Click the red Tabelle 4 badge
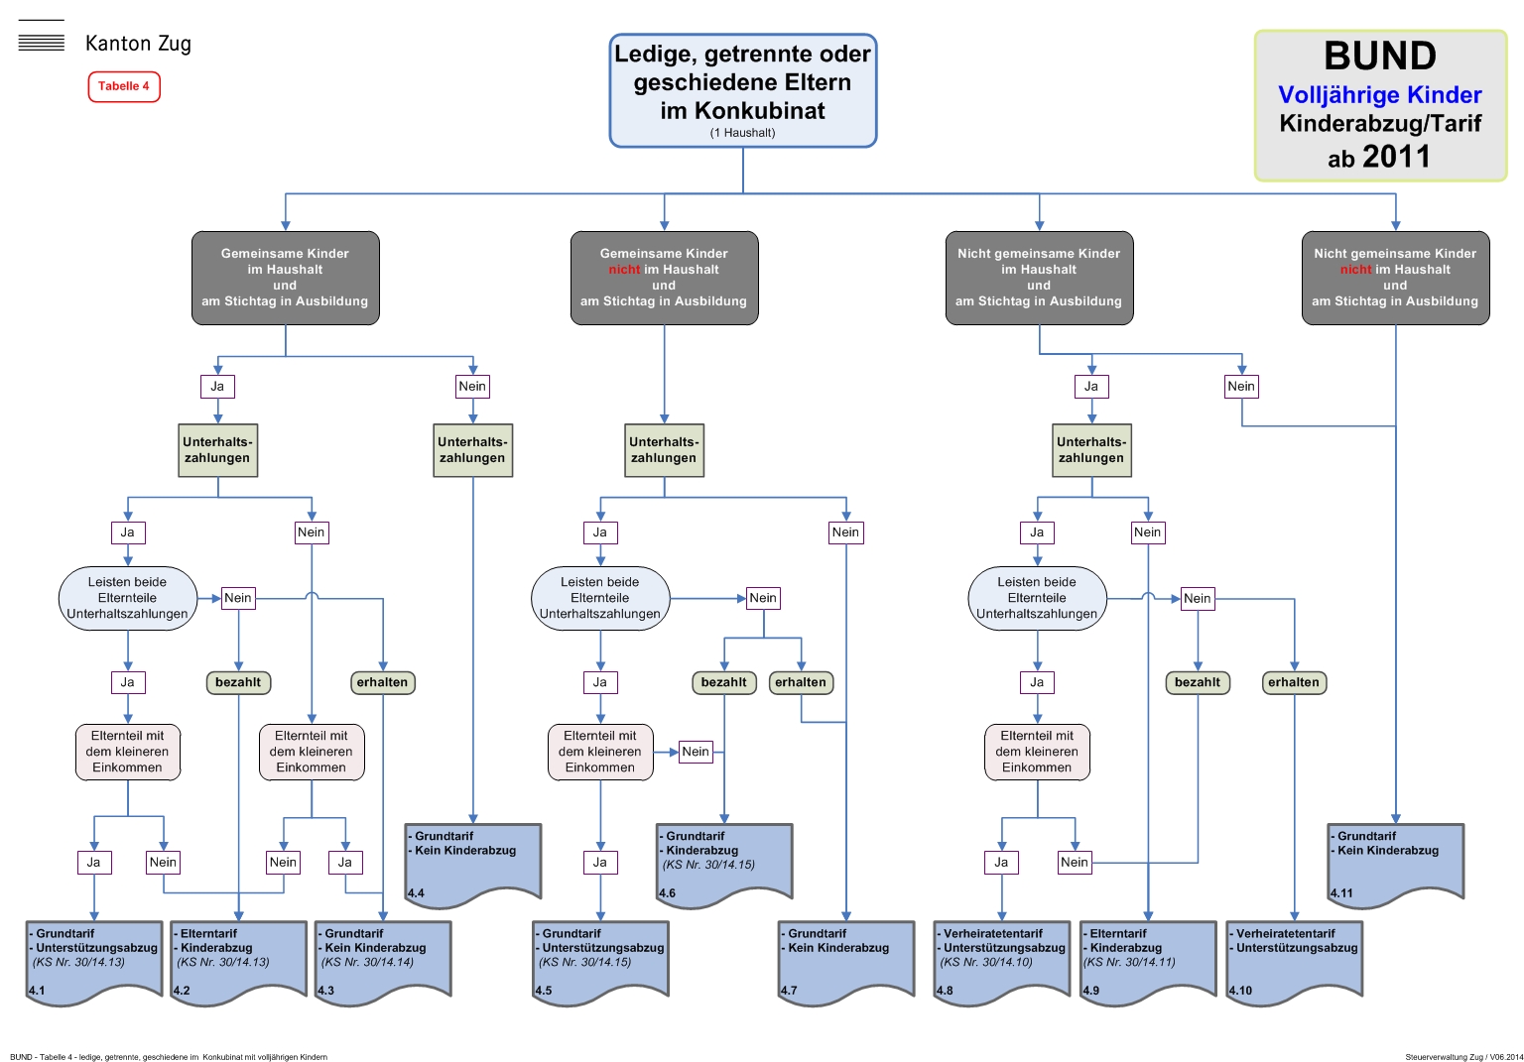124,86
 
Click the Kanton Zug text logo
138,44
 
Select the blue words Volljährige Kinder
1379,95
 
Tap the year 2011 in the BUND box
1396,157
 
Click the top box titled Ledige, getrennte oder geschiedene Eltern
742,90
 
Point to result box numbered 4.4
472,863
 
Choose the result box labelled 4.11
1395,863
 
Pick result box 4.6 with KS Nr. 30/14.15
723,863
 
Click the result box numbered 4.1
94,960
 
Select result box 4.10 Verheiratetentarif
1294,960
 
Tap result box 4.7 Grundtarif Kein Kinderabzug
845,960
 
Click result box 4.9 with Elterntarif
1147,960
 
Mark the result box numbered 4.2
238,960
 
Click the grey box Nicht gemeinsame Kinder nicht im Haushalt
1395,278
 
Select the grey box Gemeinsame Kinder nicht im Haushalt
664,278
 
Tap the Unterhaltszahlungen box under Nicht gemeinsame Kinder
1091,450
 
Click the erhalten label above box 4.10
1294,682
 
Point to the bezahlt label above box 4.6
723,682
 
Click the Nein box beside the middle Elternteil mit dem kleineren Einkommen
696,752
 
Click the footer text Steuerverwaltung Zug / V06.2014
1463,1057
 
